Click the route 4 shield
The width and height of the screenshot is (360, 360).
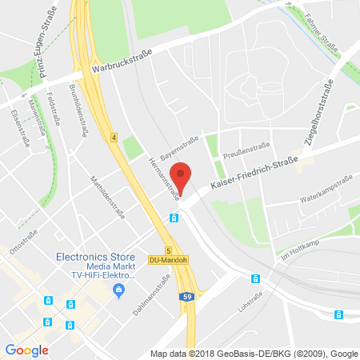click(x=114, y=138)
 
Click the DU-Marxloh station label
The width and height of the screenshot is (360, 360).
click(x=166, y=260)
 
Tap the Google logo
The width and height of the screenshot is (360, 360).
click(x=27, y=350)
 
